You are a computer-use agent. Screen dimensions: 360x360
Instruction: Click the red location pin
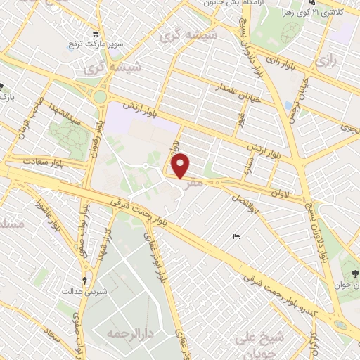(x=181, y=165)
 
